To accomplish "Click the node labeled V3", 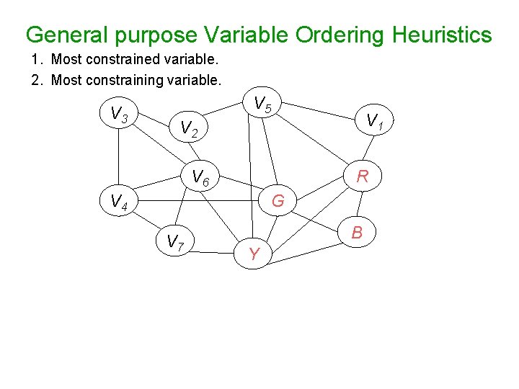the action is (x=119, y=114).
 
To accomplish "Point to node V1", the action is (x=374, y=120).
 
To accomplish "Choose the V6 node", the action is (x=200, y=176).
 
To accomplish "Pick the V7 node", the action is (x=176, y=242).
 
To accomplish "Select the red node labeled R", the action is (x=363, y=175).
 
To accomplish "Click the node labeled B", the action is (x=356, y=233).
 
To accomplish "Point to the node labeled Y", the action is (x=254, y=254).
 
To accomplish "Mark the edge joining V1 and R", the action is (x=369, y=148).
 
